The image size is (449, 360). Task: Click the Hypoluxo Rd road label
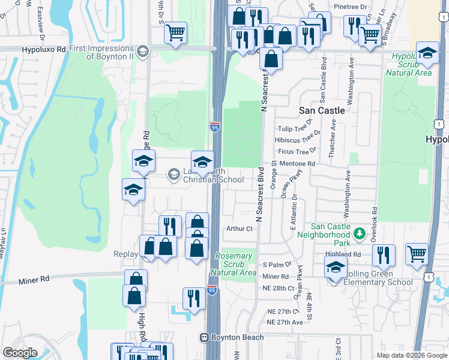point(43,51)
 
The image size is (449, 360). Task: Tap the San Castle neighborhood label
point(322,110)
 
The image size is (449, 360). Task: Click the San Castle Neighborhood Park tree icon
point(359,233)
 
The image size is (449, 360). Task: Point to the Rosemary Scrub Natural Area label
point(234,264)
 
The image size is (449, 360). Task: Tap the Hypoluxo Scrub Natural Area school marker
point(427,55)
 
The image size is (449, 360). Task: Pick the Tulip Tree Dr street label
point(292,129)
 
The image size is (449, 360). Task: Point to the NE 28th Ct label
point(277,288)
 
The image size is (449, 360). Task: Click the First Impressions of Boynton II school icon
point(142,52)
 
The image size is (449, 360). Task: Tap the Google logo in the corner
point(20,352)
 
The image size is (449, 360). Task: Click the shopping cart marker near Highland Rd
point(417,254)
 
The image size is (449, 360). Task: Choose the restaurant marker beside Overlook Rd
point(383,255)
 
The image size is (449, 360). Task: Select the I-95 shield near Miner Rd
point(211,290)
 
